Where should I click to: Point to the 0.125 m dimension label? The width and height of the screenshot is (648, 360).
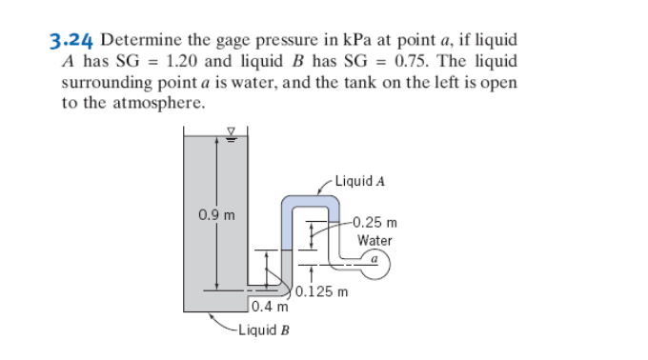pos(323,290)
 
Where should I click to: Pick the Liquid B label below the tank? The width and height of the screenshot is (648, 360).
pos(265,330)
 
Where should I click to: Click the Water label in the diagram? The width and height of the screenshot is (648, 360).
pos(375,240)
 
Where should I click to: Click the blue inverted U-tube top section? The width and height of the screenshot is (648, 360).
pos(311,201)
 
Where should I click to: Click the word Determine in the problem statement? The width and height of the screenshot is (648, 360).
pos(139,41)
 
